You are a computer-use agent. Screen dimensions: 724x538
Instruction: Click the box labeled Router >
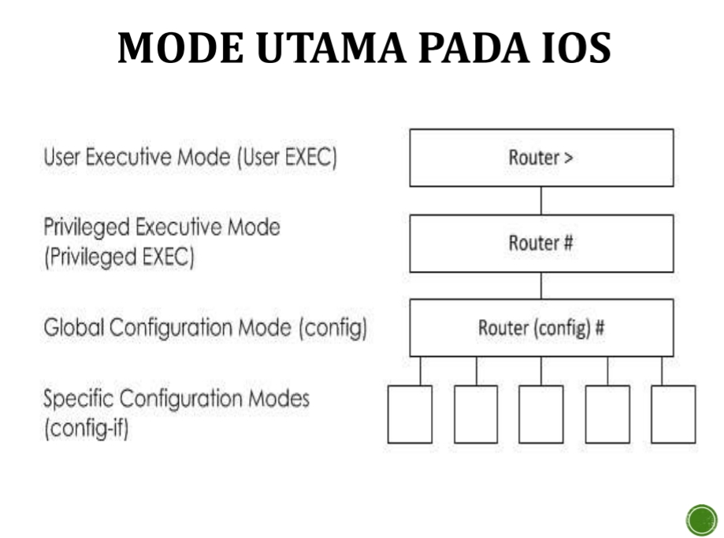point(541,158)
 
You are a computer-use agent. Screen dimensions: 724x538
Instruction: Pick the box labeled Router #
point(541,243)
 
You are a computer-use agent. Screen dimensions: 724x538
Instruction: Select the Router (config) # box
point(541,328)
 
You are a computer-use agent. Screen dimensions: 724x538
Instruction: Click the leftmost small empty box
point(410,414)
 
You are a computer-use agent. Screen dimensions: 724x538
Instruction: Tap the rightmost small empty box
point(674,414)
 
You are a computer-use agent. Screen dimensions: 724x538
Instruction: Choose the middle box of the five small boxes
point(541,414)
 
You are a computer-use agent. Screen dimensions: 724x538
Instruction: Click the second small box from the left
point(476,414)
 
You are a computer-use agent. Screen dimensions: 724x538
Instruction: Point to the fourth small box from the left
point(607,414)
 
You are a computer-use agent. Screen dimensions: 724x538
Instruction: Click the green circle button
point(700,520)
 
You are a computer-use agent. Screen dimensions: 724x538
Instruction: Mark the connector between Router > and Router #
point(541,200)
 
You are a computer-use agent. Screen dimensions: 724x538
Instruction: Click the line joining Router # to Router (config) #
point(541,285)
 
